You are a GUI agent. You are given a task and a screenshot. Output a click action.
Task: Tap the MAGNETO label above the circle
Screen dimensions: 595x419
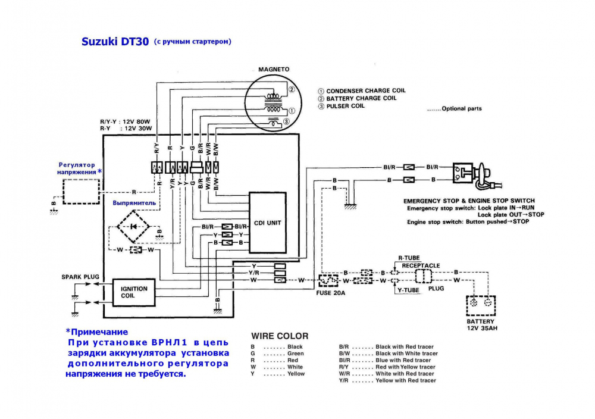(x=274, y=70)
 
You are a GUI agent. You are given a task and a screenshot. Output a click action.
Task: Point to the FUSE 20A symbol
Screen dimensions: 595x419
(x=328, y=280)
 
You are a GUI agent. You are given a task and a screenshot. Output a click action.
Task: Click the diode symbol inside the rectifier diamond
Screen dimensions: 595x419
(x=133, y=227)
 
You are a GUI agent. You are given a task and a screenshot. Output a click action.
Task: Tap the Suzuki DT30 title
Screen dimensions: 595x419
(x=115, y=42)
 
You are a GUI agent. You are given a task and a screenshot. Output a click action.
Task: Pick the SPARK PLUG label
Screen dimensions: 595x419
(x=80, y=277)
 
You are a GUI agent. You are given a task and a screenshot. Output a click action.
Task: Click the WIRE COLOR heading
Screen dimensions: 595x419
(x=280, y=336)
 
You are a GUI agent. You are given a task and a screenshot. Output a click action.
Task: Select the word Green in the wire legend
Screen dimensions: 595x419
(x=296, y=354)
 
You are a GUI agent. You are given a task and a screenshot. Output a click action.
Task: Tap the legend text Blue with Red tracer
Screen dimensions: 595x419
(x=403, y=360)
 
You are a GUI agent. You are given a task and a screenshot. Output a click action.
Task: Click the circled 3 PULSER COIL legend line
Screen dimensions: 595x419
(x=341, y=107)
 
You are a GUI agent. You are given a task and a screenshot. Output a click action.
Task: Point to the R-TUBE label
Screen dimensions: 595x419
(x=409, y=258)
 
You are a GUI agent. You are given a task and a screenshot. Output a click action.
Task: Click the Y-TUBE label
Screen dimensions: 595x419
(x=408, y=290)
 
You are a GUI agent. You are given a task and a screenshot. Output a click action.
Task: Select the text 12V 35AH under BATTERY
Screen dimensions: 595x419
(x=482, y=329)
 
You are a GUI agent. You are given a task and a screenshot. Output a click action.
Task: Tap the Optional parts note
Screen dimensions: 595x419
(x=455, y=108)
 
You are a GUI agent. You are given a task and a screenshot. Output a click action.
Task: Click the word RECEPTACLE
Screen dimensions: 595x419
(x=421, y=265)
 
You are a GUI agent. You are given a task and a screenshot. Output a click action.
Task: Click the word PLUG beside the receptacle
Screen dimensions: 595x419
(x=436, y=289)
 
